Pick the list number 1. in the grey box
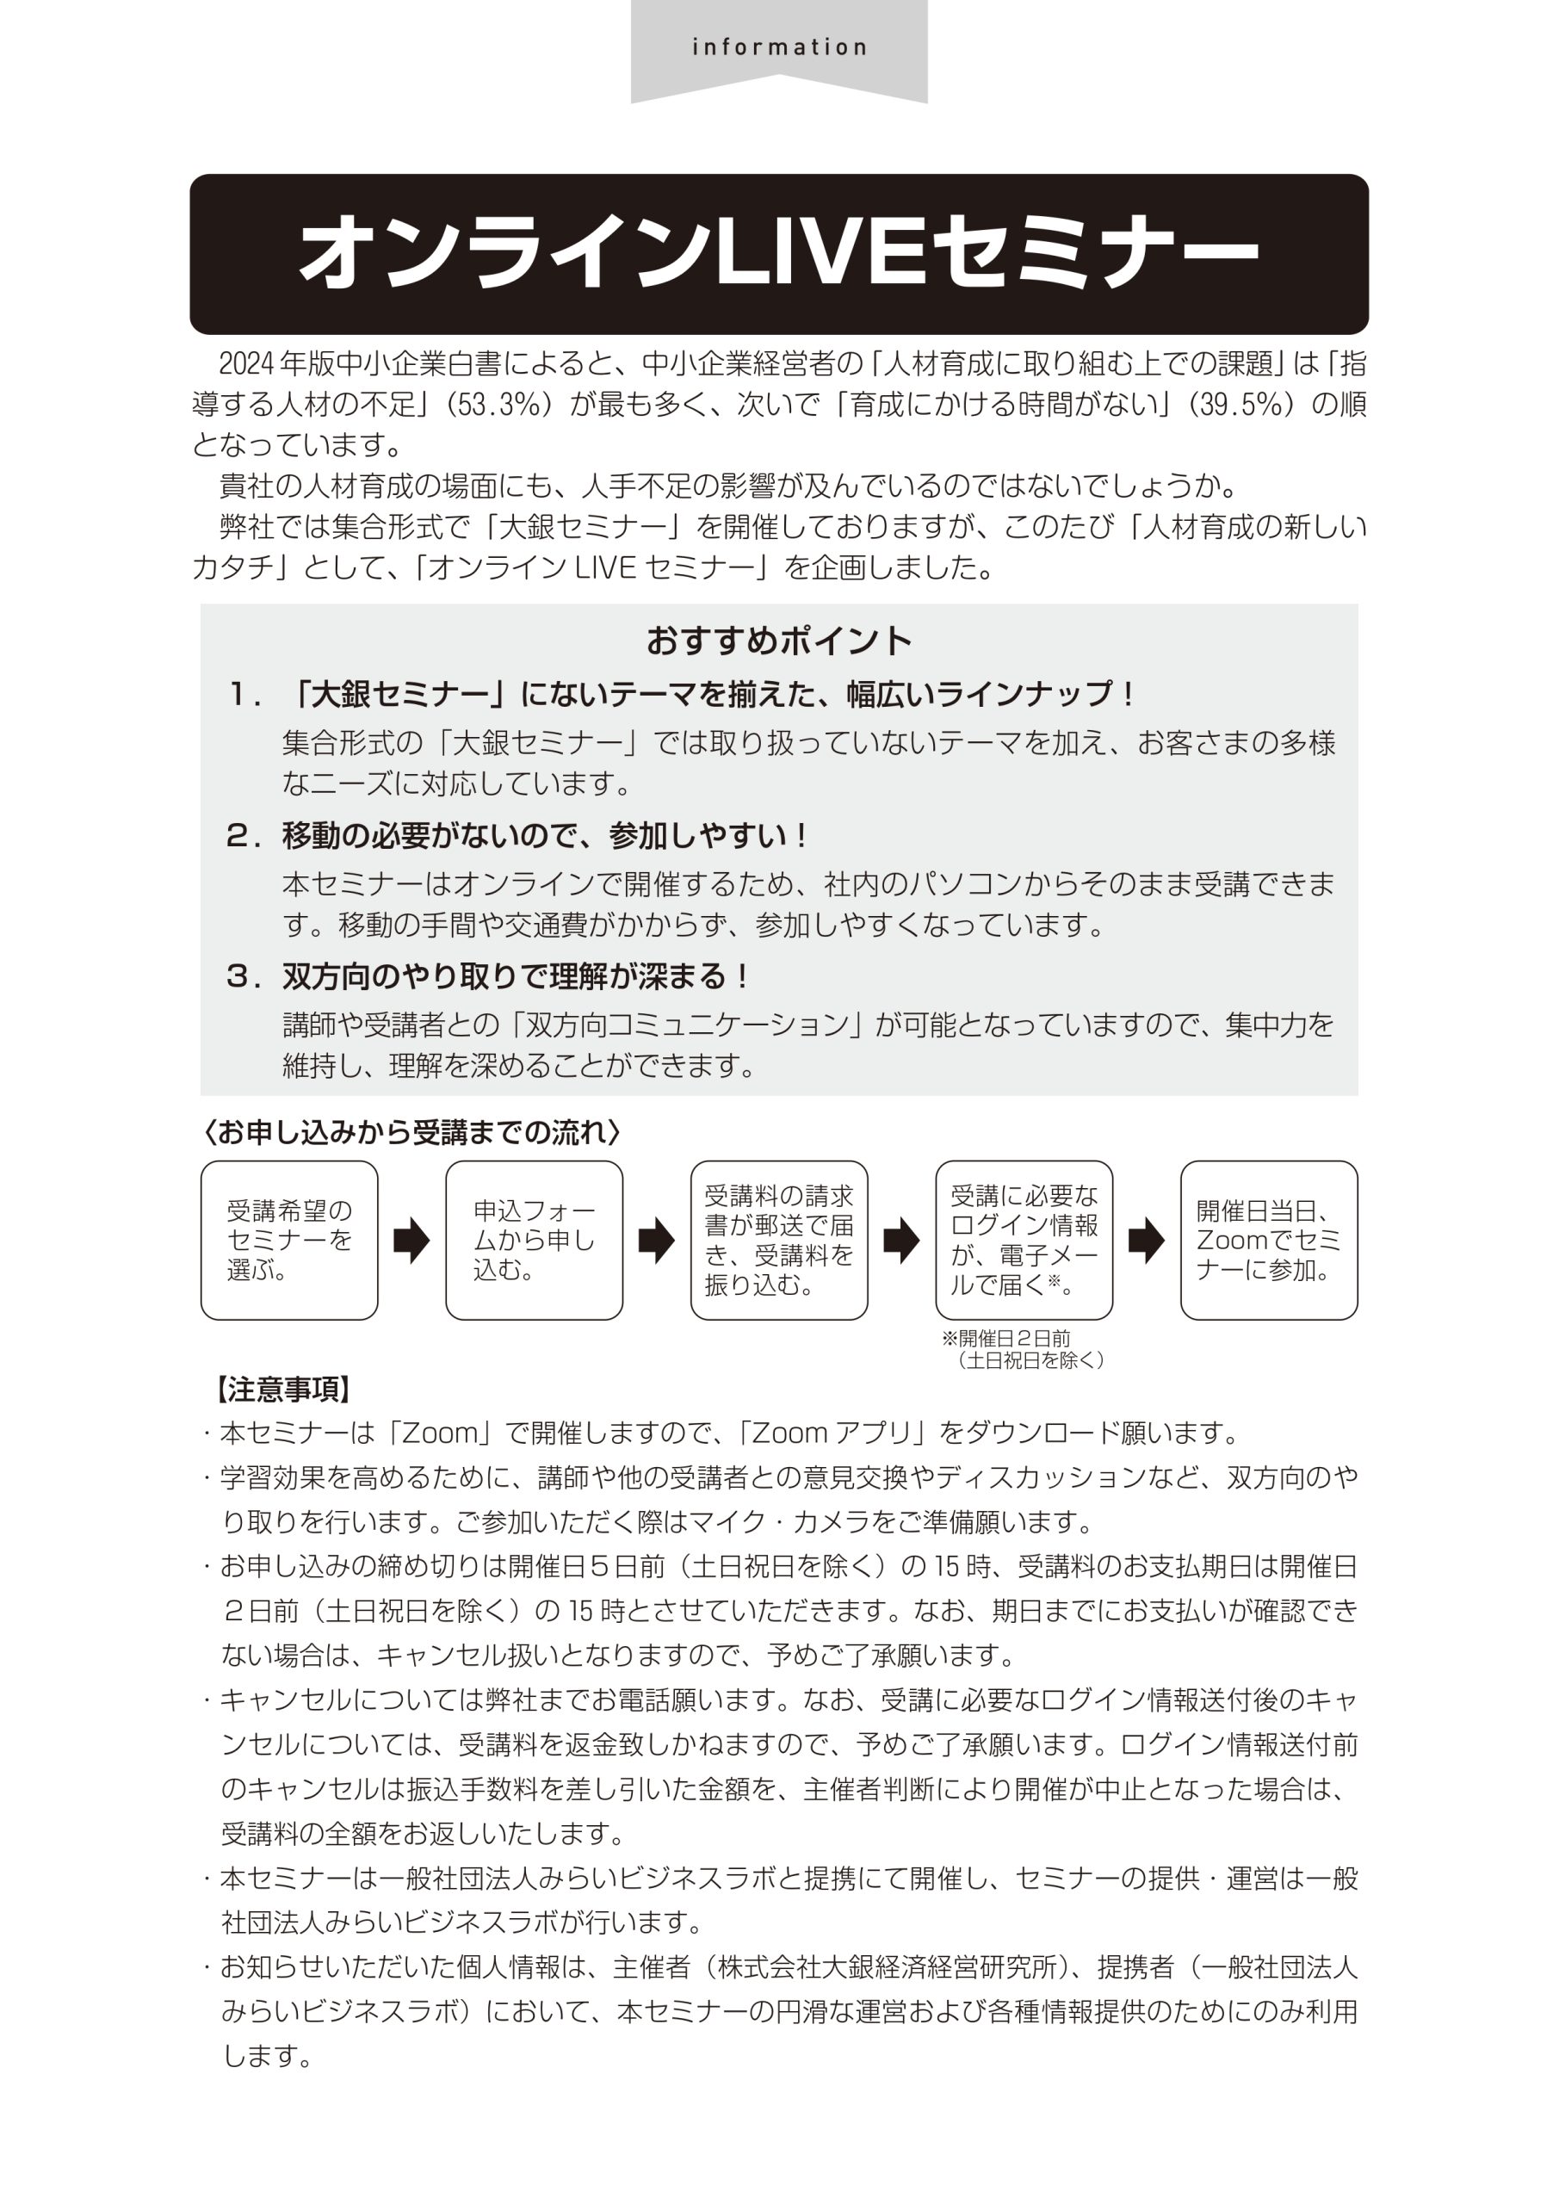[x=244, y=694]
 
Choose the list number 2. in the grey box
[x=244, y=836]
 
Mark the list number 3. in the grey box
[x=244, y=977]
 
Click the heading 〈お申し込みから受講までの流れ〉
[x=413, y=1133]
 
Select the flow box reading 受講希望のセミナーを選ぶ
[x=289, y=1241]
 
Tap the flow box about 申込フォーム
[x=534, y=1241]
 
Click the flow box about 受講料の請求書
[x=778, y=1241]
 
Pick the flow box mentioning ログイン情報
[x=1024, y=1241]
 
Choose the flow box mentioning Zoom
[x=1268, y=1241]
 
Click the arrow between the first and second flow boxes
[x=411, y=1241]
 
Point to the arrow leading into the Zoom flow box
[x=1146, y=1241]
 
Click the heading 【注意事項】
[x=284, y=1390]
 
